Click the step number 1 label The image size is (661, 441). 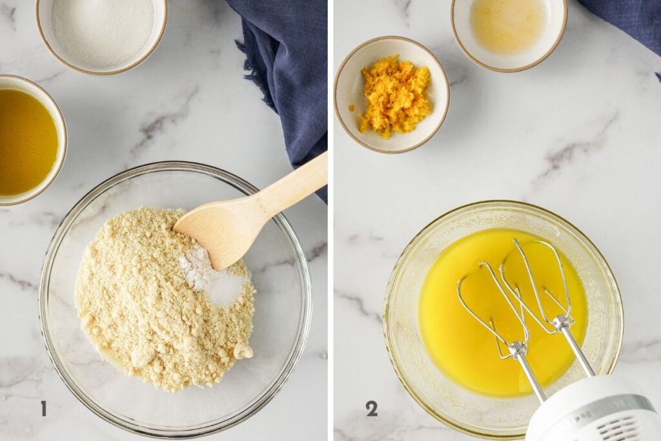point(43,408)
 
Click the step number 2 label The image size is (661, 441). point(371,408)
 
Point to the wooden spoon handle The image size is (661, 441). point(290,184)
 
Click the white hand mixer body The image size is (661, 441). point(594,413)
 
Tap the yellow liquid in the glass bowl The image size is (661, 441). point(452,323)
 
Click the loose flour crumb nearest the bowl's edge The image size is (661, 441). point(243,351)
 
